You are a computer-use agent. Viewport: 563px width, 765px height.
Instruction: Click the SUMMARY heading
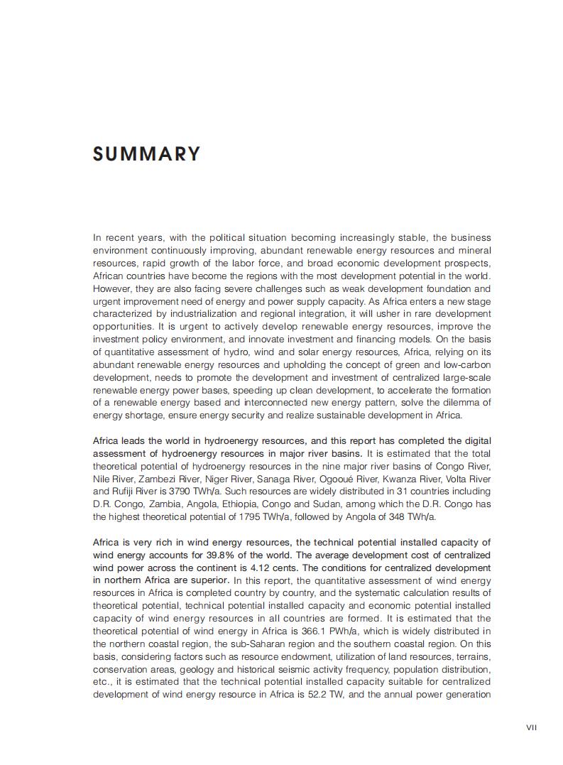click(146, 154)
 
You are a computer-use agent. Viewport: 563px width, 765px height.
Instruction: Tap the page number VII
click(532, 727)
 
